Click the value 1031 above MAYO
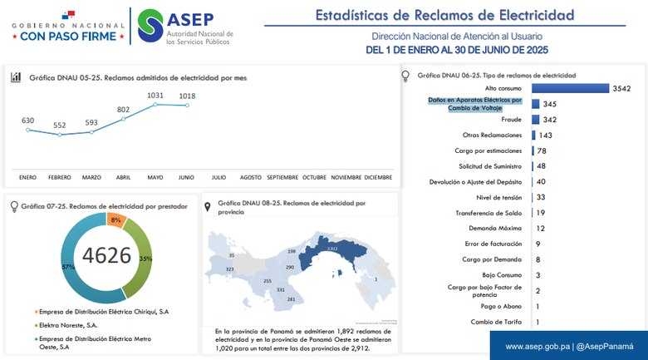point(155,96)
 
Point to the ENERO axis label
point(28,177)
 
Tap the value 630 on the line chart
point(28,121)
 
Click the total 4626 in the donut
point(107,254)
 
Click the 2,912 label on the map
point(332,249)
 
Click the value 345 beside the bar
point(549,104)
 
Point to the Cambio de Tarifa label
point(497,321)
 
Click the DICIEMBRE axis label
point(378,177)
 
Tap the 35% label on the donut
point(145,259)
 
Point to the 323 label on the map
point(230,269)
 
